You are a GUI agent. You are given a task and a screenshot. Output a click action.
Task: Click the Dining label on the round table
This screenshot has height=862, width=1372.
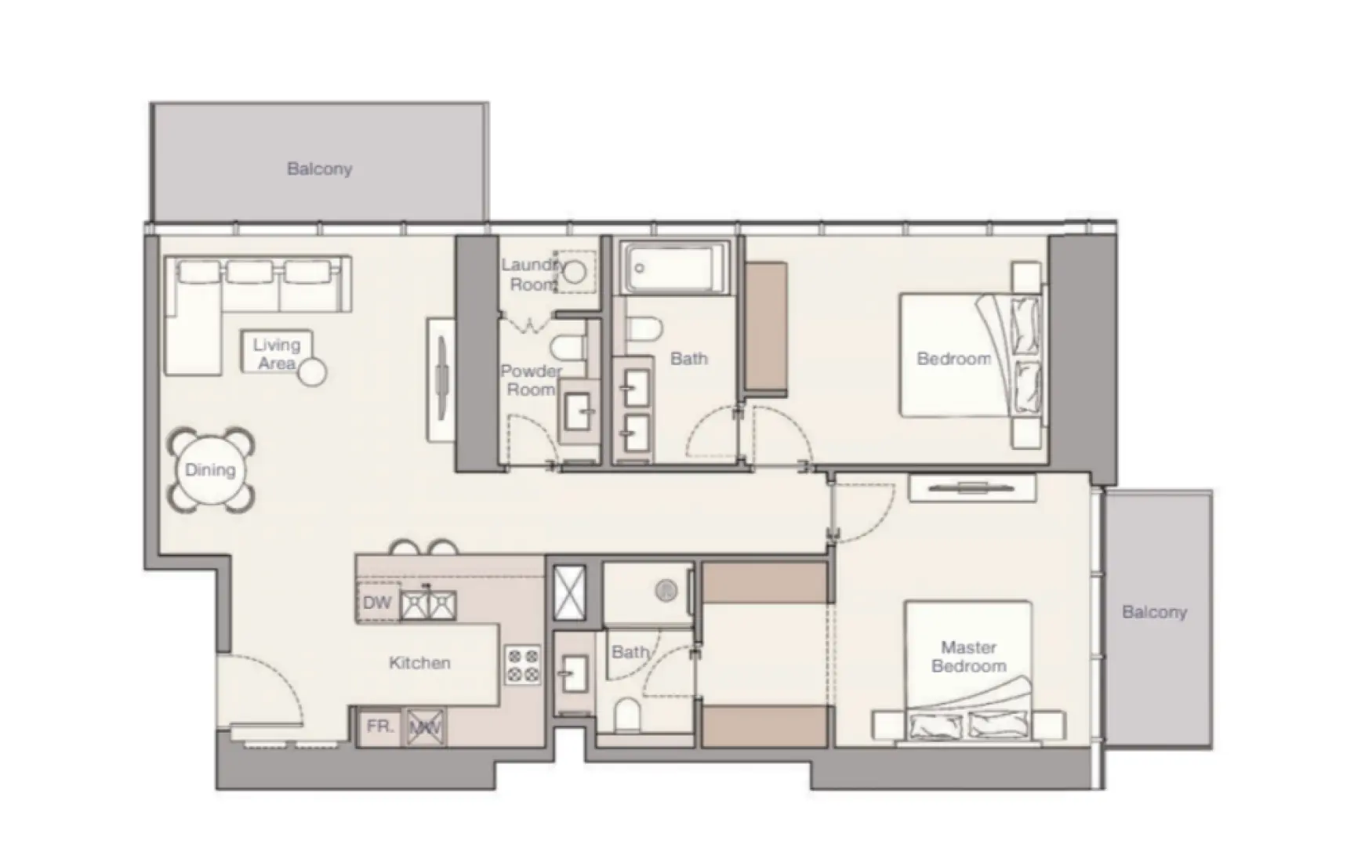pyautogui.click(x=210, y=470)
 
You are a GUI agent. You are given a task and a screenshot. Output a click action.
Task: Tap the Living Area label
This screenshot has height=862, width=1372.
pyautogui.click(x=276, y=353)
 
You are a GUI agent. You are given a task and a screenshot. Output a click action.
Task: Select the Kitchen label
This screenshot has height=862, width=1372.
pyautogui.click(x=419, y=663)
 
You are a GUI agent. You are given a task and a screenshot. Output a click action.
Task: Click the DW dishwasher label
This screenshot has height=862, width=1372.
pyautogui.click(x=377, y=603)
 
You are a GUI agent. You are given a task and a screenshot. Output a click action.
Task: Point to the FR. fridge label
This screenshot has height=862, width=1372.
pyautogui.click(x=379, y=726)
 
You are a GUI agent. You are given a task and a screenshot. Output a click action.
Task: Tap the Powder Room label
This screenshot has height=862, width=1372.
pyautogui.click(x=531, y=380)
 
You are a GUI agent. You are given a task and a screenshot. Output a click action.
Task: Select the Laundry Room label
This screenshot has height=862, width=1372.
pyautogui.click(x=532, y=274)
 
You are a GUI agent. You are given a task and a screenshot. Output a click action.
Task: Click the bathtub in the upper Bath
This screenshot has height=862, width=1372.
pyautogui.click(x=675, y=268)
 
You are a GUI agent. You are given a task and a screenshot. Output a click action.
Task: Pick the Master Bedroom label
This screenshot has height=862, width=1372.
pyautogui.click(x=968, y=657)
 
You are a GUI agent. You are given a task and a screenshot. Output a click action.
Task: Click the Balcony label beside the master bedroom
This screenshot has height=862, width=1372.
pyautogui.click(x=1154, y=612)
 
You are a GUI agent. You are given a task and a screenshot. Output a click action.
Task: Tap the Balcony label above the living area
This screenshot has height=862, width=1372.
pyautogui.click(x=319, y=168)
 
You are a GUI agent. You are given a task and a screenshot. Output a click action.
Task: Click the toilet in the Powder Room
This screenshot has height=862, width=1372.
pyautogui.click(x=566, y=346)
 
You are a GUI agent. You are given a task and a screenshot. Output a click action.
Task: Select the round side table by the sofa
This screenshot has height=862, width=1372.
pyautogui.click(x=313, y=372)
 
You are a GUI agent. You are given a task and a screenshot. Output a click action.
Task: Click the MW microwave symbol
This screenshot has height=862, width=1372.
pyautogui.click(x=426, y=727)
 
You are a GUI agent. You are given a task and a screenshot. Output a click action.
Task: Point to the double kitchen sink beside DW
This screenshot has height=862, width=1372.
pyautogui.click(x=429, y=604)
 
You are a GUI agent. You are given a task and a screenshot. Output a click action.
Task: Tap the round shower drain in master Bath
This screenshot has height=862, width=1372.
pyautogui.click(x=666, y=589)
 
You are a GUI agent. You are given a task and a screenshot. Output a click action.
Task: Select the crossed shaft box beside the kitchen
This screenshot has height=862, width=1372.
pyautogui.click(x=569, y=592)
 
